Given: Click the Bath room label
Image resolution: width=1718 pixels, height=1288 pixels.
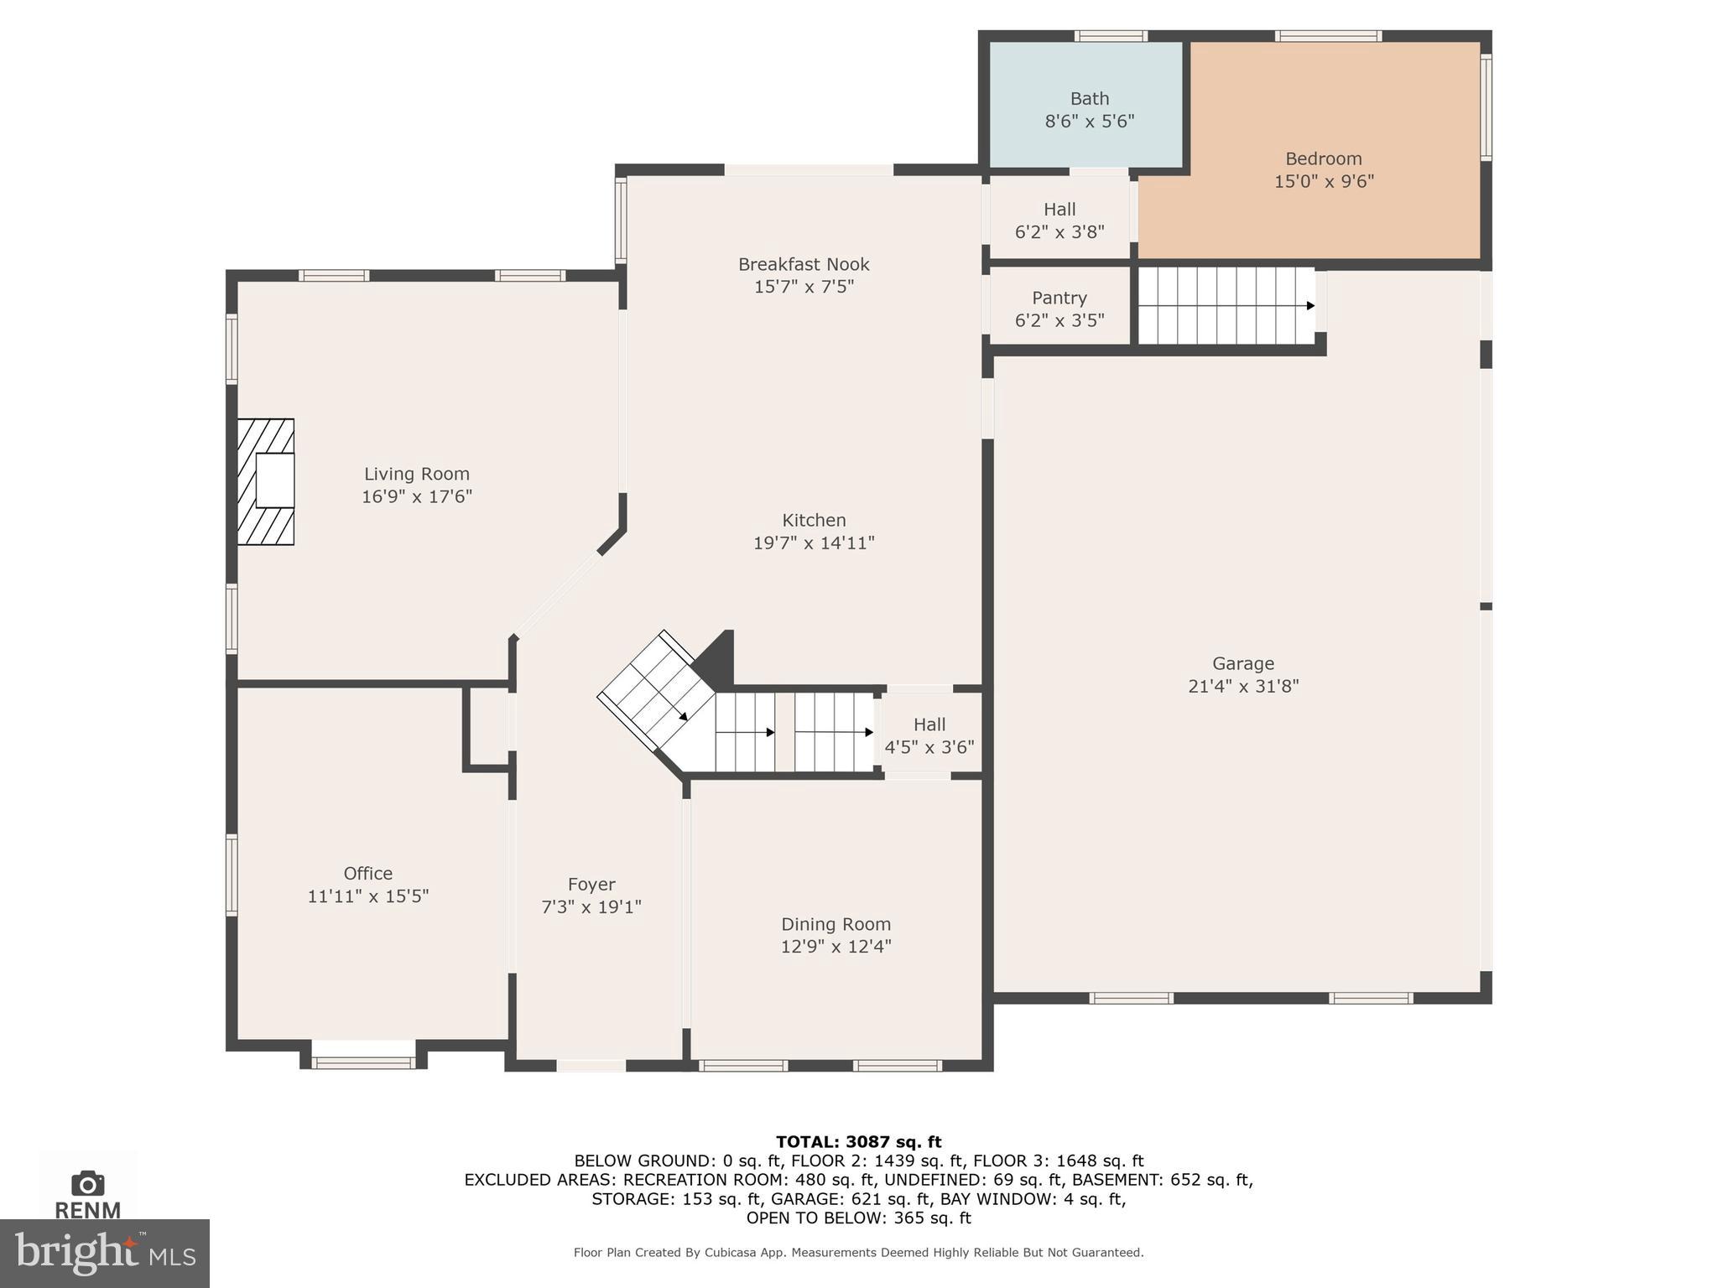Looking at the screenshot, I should point(1089,99).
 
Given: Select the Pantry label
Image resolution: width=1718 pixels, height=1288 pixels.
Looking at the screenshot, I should point(1059,299).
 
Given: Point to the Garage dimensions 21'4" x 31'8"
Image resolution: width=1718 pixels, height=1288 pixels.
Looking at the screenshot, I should point(1242,686).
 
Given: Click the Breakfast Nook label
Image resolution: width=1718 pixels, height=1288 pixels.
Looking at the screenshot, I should point(803,265).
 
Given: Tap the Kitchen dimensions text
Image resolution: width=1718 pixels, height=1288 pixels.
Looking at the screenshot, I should point(813,543).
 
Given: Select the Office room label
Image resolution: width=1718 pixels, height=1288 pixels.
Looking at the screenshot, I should point(367,874).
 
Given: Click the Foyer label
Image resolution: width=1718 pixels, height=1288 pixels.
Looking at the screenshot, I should point(591,885).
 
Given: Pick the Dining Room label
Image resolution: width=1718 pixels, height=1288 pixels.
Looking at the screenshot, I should point(835,924).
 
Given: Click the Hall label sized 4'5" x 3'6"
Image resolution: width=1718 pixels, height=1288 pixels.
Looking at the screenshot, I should point(929,724).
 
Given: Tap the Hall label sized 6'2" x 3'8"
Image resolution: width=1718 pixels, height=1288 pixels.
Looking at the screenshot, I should point(1059,210).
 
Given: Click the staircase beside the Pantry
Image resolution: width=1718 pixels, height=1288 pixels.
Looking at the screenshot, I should point(1225,305).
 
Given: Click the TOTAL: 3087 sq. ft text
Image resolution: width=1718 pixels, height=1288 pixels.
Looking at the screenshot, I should point(858,1141).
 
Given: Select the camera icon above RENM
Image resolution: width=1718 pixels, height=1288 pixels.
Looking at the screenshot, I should point(87,1183).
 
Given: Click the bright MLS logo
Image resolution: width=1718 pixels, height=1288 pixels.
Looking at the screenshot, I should point(104,1253).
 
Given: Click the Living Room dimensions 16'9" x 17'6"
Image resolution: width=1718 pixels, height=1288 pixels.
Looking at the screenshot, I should point(416,496).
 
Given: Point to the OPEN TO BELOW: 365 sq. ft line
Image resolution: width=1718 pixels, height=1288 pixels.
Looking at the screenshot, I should point(858,1218).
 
